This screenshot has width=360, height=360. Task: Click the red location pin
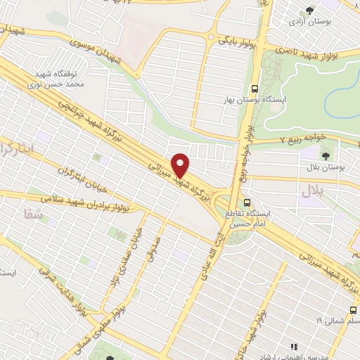(181, 165)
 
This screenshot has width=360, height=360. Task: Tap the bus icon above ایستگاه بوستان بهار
(254, 89)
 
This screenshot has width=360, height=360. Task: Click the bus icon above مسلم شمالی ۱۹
(352, 309)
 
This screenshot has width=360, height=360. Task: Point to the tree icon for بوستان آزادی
(309, 10)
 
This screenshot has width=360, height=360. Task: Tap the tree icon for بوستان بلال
(326, 155)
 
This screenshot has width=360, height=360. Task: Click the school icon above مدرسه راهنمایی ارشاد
(295, 346)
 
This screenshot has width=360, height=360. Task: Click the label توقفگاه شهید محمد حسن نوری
(60, 79)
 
